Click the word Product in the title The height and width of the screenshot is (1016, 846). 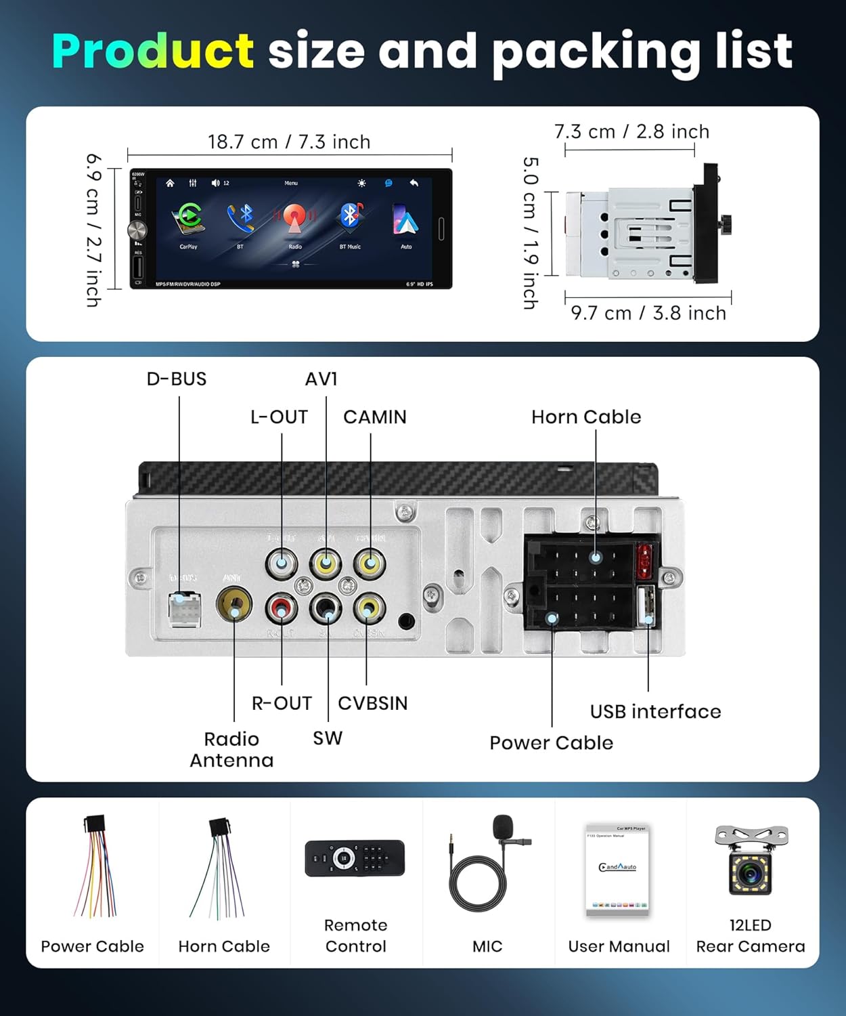coord(153,51)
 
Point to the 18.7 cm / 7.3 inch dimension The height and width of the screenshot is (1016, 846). coord(289,142)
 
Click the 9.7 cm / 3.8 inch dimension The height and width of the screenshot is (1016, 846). coord(648,313)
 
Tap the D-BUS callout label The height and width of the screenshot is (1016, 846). coord(177,379)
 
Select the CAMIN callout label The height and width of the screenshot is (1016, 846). coord(375,417)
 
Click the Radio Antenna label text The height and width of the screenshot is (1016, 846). coord(231,749)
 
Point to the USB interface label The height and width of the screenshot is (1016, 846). coord(655,711)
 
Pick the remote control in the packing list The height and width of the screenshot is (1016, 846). coord(355,858)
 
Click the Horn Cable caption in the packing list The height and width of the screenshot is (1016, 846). coord(224,946)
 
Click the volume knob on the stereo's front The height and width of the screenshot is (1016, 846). coord(137,230)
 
